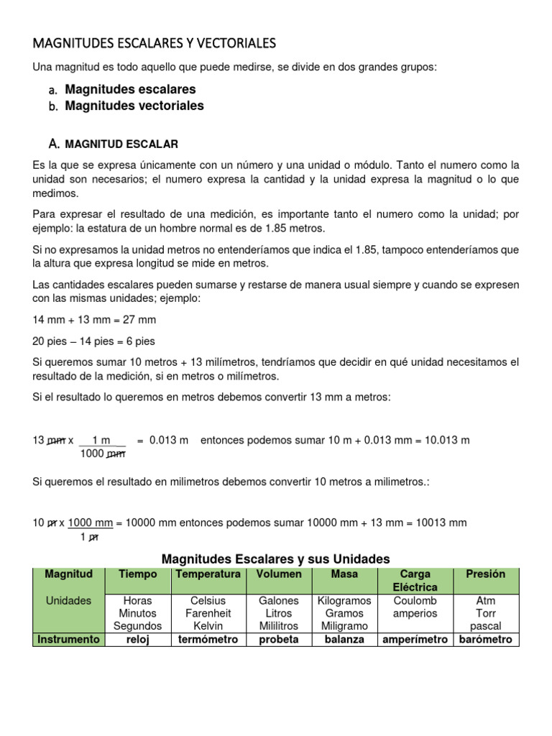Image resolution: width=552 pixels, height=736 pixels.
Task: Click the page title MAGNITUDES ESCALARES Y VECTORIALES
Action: pyautogui.click(x=154, y=44)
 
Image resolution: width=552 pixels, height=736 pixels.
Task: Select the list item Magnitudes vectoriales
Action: pyautogui.click(x=134, y=106)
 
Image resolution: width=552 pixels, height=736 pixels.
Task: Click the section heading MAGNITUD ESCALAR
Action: pyautogui.click(x=121, y=144)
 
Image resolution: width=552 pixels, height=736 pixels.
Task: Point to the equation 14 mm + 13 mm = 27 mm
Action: pyautogui.click(x=94, y=319)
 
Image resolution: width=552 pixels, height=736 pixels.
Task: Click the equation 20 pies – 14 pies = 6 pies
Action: pyautogui.click(x=93, y=341)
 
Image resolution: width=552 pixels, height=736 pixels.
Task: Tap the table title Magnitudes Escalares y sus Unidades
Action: pyautogui.click(x=275, y=558)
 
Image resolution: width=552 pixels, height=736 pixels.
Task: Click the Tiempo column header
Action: pyautogui.click(x=138, y=574)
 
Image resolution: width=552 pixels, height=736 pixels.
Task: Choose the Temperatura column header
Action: pyautogui.click(x=208, y=574)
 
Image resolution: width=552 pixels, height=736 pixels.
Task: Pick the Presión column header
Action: pyautogui.click(x=485, y=574)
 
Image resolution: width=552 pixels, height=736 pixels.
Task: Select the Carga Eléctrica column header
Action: pyautogui.click(x=415, y=581)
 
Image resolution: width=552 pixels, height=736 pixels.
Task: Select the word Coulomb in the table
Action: pyautogui.click(x=415, y=600)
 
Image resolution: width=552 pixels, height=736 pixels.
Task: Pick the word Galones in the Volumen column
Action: pyautogui.click(x=278, y=600)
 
